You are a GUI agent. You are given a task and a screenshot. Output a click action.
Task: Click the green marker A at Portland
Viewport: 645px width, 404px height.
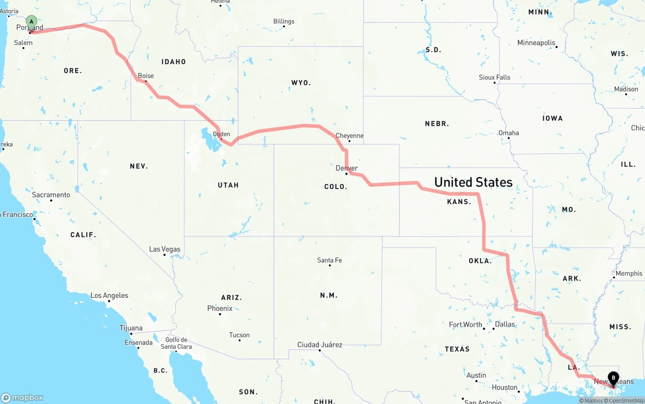point(31,22)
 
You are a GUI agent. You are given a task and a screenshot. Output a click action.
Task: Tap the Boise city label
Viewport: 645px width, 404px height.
point(146,76)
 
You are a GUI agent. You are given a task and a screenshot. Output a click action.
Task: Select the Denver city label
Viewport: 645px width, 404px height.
point(347,168)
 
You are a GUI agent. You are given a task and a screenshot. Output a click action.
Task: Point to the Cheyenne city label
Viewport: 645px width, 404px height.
point(349,136)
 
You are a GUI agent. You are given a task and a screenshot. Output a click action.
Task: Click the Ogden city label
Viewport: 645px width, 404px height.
point(221,134)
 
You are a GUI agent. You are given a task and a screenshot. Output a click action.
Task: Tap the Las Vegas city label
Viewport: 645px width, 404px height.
point(164,250)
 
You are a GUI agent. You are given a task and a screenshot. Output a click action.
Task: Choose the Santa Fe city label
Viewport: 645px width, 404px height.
point(330,260)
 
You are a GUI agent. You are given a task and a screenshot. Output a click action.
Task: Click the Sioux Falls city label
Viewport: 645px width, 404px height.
point(494,77)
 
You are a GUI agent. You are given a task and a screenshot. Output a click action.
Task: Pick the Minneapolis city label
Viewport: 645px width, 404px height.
point(536,43)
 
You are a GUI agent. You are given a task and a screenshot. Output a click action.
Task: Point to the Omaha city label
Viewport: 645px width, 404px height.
point(508,133)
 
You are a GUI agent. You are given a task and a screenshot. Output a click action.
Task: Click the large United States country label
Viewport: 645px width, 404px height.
point(473,182)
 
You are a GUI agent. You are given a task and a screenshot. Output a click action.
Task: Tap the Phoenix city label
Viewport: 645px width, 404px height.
point(220,308)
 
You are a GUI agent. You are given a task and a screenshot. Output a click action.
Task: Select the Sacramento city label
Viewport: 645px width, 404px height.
point(51,195)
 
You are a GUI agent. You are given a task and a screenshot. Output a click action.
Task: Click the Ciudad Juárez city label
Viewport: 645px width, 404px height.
point(319,345)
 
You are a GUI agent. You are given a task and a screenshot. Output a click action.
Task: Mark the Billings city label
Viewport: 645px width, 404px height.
point(284,22)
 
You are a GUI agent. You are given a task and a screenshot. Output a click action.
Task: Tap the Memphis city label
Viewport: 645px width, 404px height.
point(629,274)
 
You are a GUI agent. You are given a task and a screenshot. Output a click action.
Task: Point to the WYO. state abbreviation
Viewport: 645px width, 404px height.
point(301,83)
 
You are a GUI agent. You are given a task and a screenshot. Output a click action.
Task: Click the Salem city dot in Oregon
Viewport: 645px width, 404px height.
point(23,48)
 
